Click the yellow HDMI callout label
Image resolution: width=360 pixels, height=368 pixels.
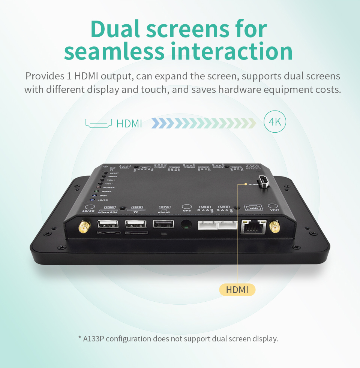tap(237, 290)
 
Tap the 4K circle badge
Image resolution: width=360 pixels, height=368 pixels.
tap(275, 121)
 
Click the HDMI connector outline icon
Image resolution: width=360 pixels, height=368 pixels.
tap(99, 123)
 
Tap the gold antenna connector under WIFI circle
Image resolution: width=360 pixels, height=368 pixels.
tap(275, 227)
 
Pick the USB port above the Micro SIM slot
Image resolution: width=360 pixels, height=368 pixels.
tap(107, 224)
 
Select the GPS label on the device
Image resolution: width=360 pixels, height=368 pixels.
tap(187, 211)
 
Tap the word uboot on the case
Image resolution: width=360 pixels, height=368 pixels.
tap(164, 212)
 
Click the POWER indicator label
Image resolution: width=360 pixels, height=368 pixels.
tap(109, 187)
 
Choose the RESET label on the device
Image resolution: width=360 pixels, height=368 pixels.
tap(114, 173)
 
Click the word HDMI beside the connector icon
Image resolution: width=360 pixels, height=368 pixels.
tap(129, 123)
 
